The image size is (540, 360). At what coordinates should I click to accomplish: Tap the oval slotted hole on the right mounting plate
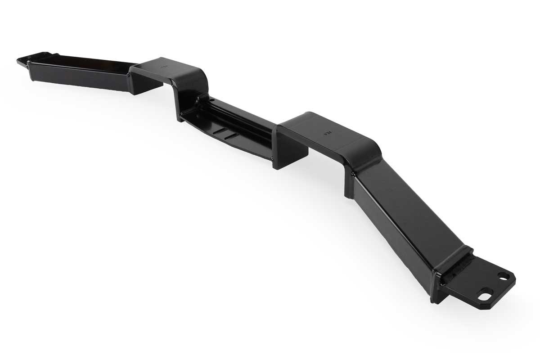pos(484,297)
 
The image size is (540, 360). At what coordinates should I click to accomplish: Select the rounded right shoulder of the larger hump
pos(364,151)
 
